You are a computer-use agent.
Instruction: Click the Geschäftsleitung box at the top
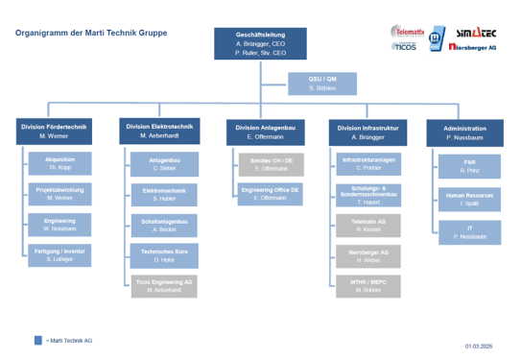(261, 44)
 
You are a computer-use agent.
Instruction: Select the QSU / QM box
(322, 84)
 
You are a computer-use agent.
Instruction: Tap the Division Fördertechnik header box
(57, 132)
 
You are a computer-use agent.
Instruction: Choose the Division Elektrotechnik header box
(160, 132)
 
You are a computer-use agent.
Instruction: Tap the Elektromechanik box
(160, 195)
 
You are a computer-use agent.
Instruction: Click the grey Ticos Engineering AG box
(160, 285)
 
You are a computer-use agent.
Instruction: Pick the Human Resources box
(469, 199)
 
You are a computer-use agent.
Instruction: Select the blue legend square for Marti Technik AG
(36, 340)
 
